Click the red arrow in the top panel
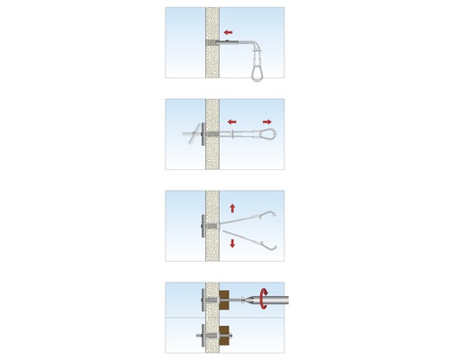(231, 40)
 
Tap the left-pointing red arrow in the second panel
(231, 121)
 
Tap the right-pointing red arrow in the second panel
(267, 121)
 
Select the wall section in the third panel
(213, 207)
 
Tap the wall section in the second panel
(213, 112)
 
